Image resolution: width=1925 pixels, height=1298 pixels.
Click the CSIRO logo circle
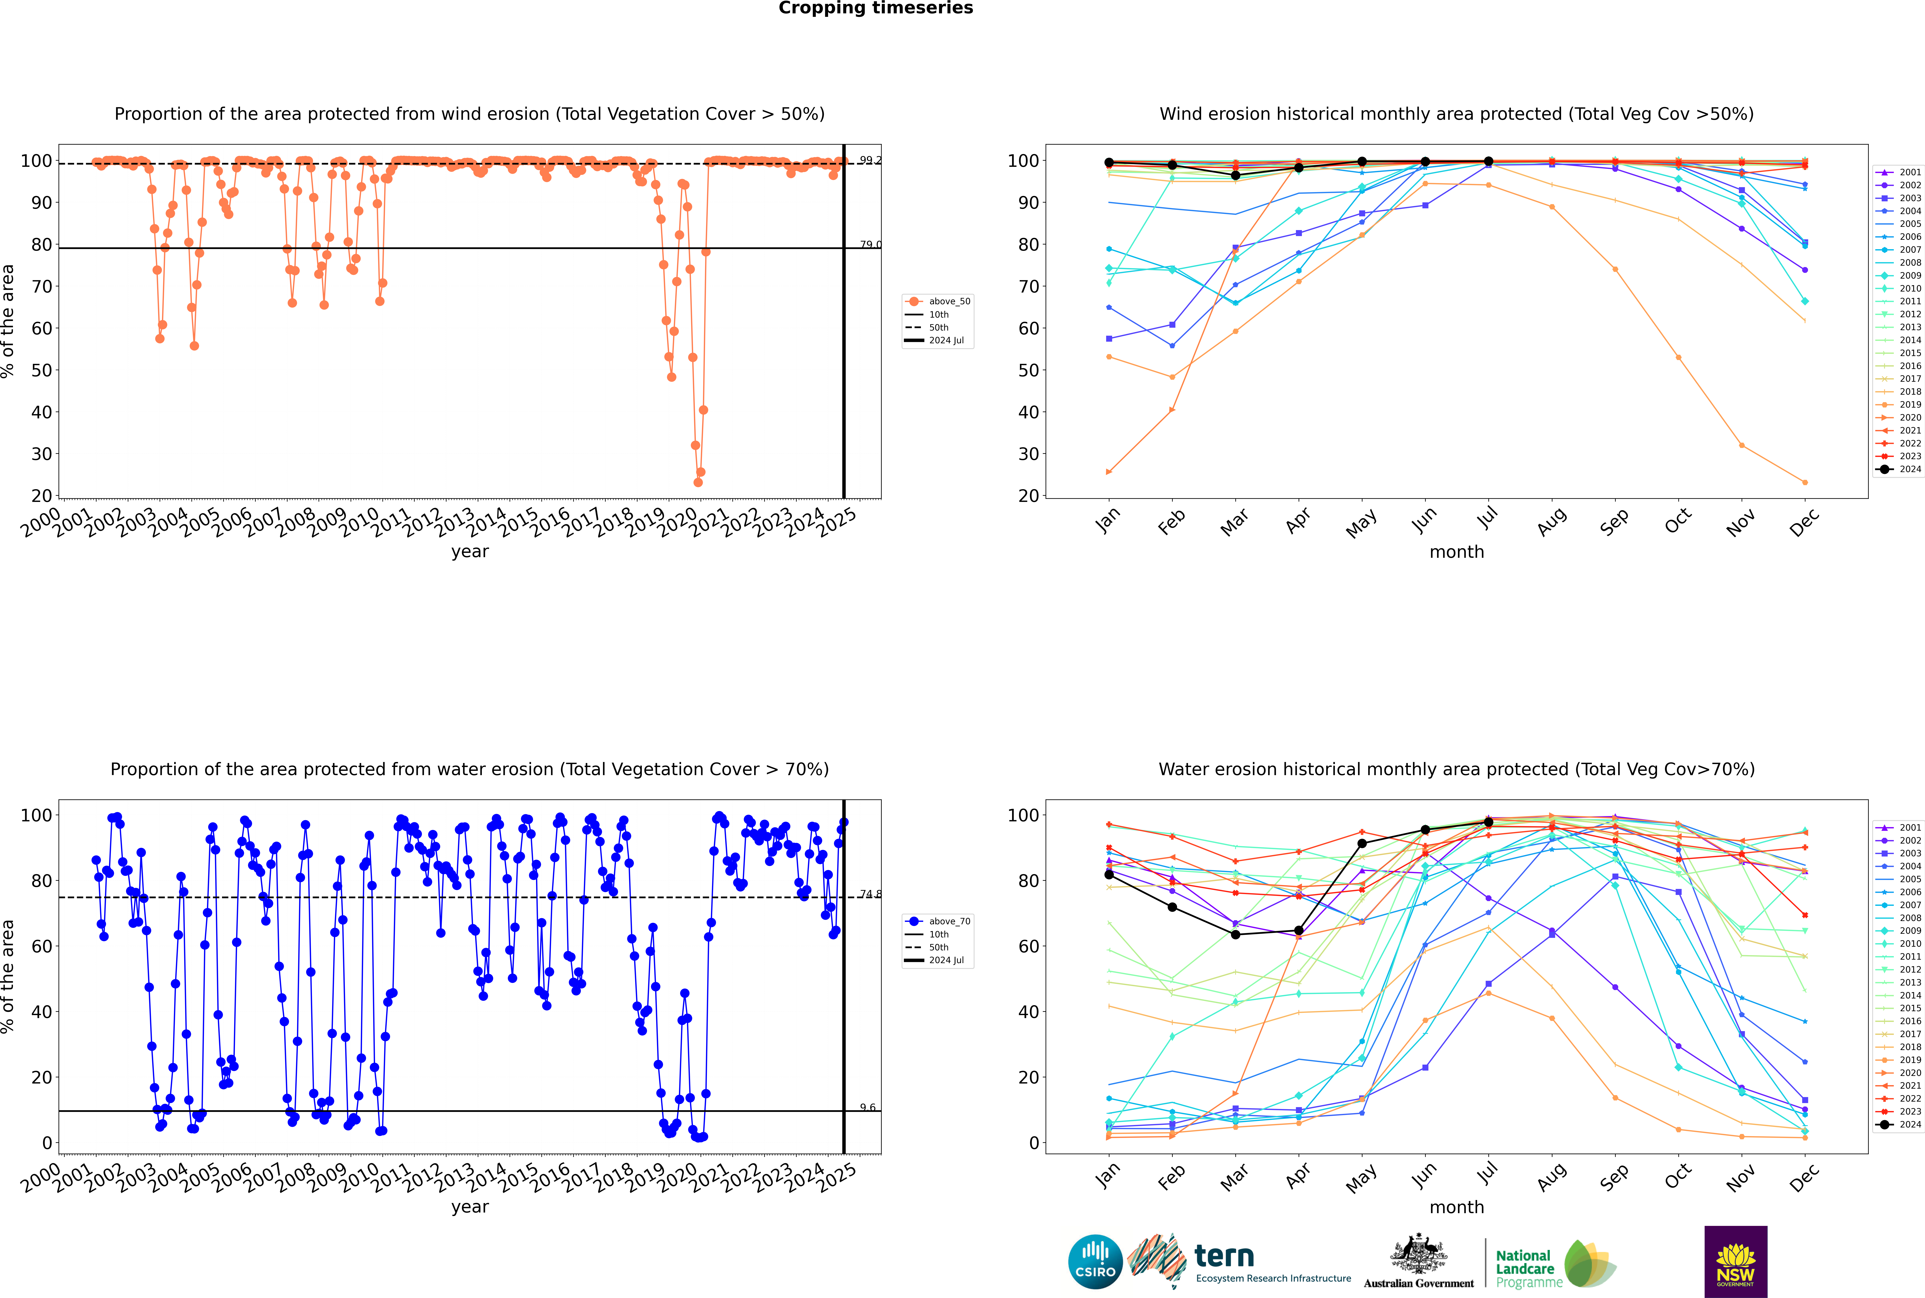coord(1095,1262)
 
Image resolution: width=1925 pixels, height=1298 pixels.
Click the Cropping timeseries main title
coord(876,8)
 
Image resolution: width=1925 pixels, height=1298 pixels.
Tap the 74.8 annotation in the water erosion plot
coord(870,894)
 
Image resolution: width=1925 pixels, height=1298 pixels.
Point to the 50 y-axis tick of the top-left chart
coord(41,370)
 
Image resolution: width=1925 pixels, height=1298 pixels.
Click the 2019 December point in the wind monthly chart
coord(1805,483)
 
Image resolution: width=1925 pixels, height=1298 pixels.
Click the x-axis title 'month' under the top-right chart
coord(1457,552)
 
